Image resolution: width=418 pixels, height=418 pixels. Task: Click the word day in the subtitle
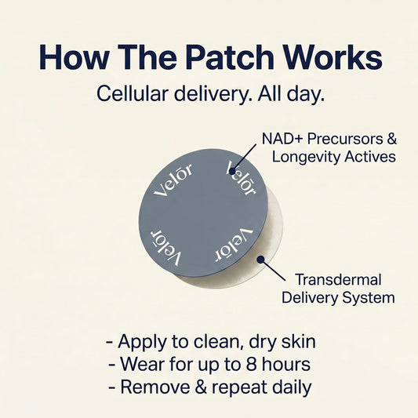pos(303,95)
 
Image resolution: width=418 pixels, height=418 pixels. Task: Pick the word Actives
pos(369,157)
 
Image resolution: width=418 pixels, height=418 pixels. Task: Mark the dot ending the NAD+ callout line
pos(231,169)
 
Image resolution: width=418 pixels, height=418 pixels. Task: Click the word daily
pos(288,387)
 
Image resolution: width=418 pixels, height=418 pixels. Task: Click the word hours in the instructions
pos(292,365)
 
